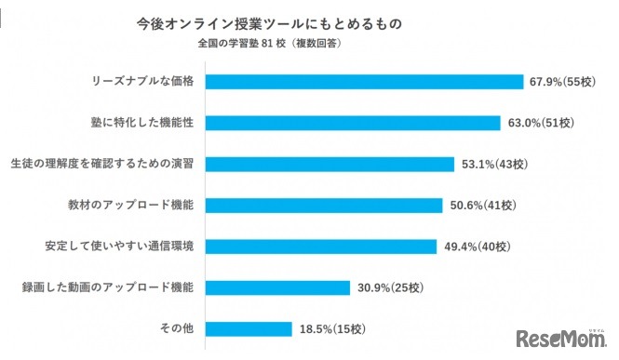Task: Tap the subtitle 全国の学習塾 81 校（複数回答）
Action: click(x=269, y=44)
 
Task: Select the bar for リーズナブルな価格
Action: click(x=364, y=82)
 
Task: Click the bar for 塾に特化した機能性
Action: click(x=353, y=123)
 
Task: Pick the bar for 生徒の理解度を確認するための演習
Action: click(x=330, y=164)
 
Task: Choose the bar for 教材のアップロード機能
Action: click(x=324, y=205)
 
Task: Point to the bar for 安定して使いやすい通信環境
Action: click(x=320, y=247)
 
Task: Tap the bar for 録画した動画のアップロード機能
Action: click(x=277, y=287)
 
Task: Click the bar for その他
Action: click(x=249, y=328)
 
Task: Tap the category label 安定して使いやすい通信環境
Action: click(x=118, y=247)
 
